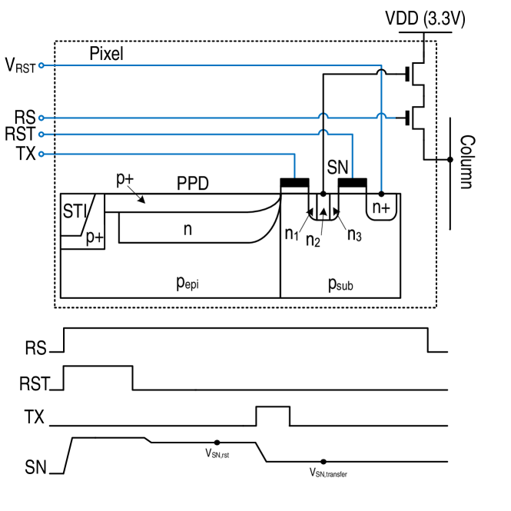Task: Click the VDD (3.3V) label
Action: click(425, 20)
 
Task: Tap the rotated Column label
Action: click(466, 162)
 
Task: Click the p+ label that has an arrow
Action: click(124, 179)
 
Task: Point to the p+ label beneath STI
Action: click(95, 237)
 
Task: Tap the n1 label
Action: click(291, 234)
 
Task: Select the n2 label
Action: click(313, 240)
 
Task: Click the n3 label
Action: click(353, 234)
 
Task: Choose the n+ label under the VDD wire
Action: click(381, 207)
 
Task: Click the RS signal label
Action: click(35, 349)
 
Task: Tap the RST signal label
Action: click(35, 383)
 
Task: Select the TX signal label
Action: click(34, 417)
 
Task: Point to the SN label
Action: click(35, 467)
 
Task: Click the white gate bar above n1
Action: click(294, 189)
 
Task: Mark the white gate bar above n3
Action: click(353, 189)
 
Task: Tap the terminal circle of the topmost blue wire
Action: click(41, 66)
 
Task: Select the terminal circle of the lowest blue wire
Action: click(41, 154)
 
